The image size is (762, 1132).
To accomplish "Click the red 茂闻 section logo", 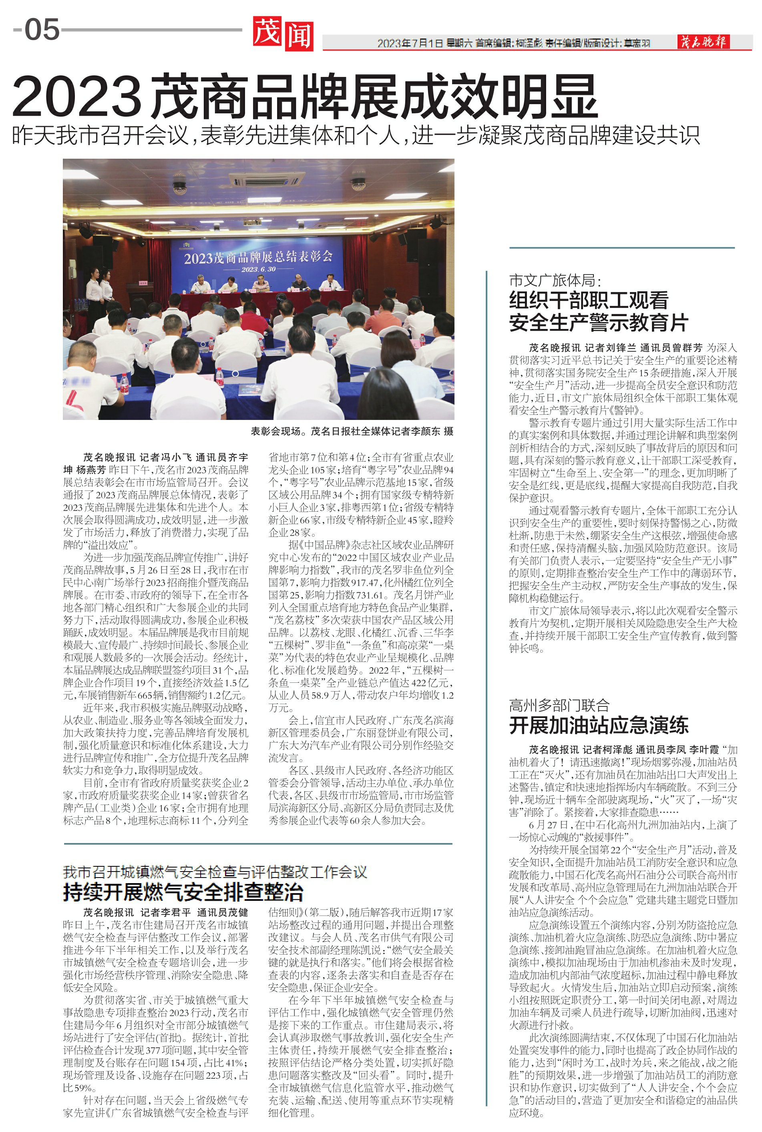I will click(x=282, y=34).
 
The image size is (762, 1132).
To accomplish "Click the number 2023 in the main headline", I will click(x=77, y=97).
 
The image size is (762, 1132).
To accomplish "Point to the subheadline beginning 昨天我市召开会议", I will click(x=355, y=135).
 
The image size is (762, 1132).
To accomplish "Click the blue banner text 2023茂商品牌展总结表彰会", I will click(x=258, y=256).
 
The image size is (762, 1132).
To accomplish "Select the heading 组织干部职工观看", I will click(x=589, y=300).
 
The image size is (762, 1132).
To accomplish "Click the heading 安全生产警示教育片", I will click(x=599, y=323).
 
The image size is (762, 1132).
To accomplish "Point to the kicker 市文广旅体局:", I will click(x=555, y=280).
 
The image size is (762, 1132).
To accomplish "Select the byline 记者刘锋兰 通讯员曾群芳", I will click(x=643, y=348).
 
